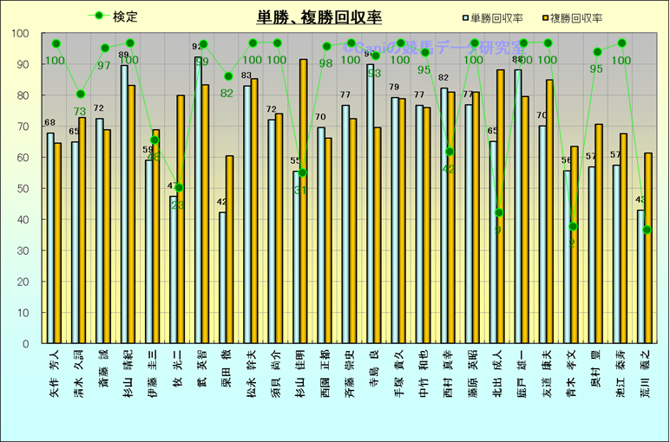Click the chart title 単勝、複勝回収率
319,16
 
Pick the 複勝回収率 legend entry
576,17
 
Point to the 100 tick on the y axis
20,34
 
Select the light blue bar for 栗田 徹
222,277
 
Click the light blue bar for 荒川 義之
640,276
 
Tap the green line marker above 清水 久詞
81,94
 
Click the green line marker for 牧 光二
179,187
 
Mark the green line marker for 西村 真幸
450,152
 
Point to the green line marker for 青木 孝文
573,226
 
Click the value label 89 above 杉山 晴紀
123,55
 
